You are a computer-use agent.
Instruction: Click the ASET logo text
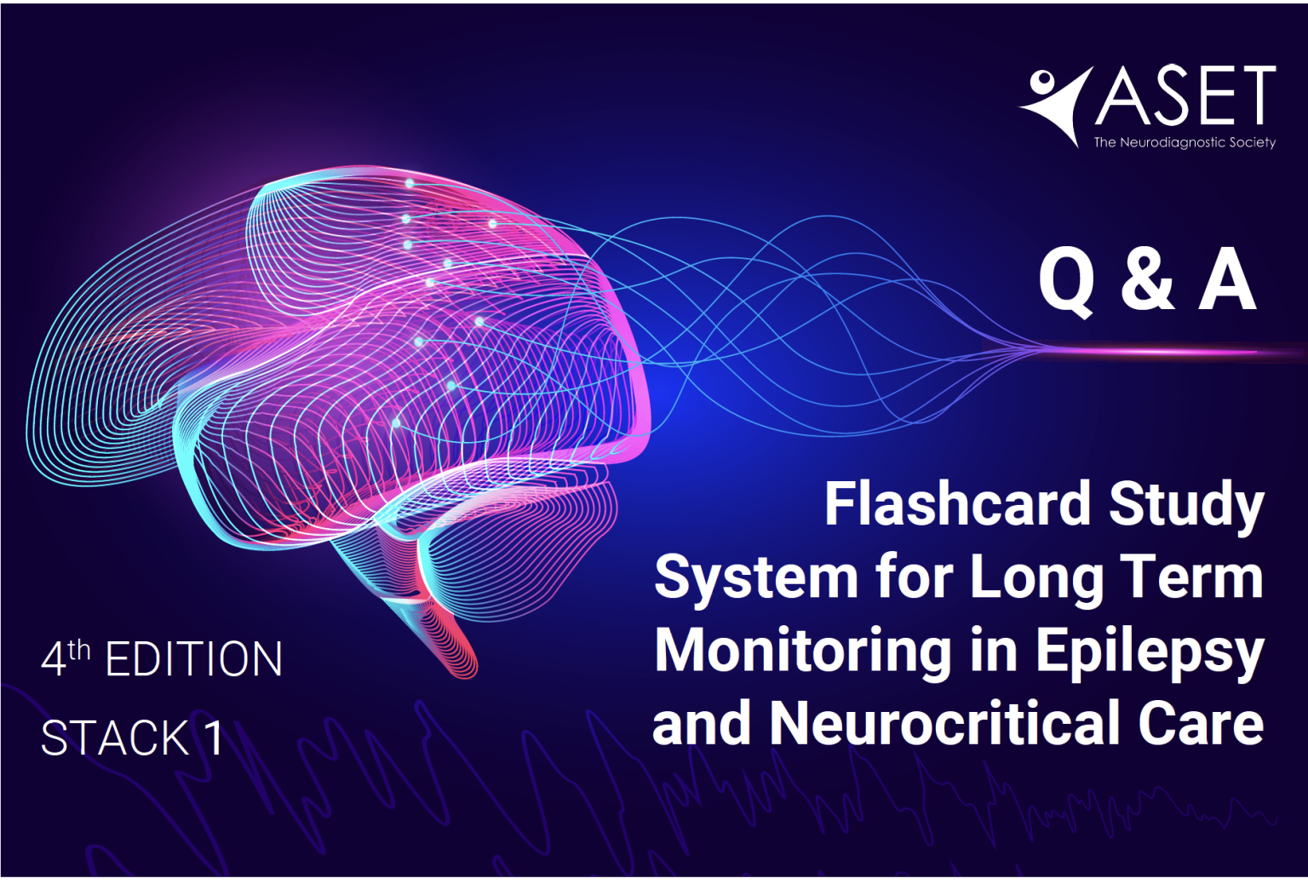click(1186, 96)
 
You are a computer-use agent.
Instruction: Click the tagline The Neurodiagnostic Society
click(1185, 142)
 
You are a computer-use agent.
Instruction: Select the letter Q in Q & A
click(1066, 280)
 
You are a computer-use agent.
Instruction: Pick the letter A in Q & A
click(1227, 280)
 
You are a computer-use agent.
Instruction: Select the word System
click(756, 577)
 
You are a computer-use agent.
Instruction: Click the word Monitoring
click(803, 652)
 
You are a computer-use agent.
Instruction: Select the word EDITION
click(194, 659)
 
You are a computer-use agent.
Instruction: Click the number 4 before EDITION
click(53, 660)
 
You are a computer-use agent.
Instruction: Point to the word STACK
click(115, 738)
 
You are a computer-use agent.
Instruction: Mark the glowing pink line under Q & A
click(1158, 351)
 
